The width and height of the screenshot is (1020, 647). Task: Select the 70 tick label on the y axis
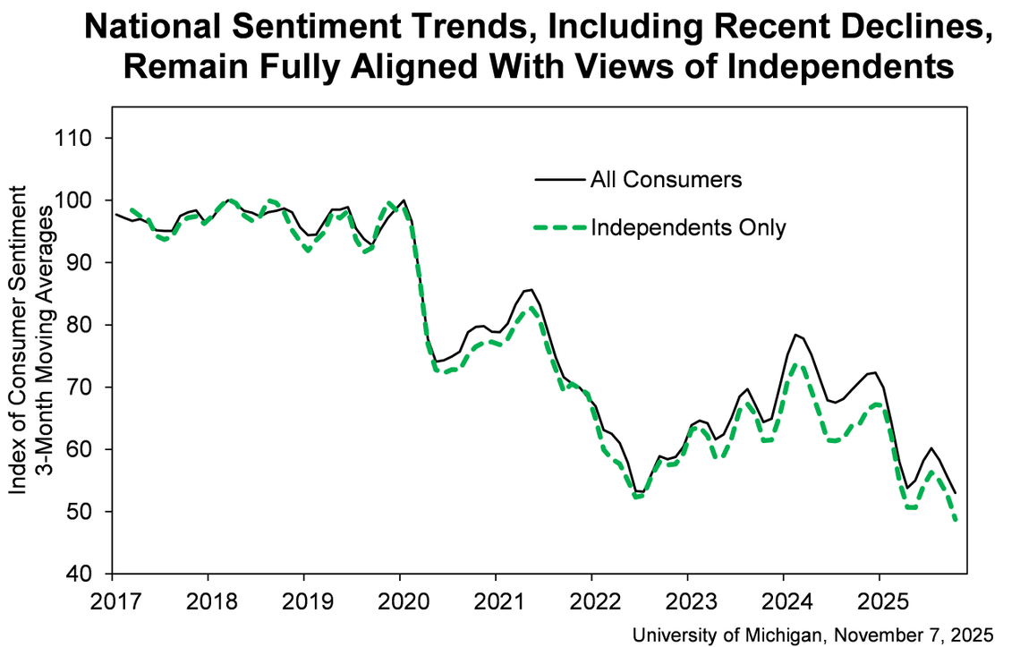click(84, 387)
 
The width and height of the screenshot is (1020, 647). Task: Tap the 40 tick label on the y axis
click(84, 574)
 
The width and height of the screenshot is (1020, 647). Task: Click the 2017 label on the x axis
click(113, 597)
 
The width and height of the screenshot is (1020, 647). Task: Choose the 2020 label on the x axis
click(400, 597)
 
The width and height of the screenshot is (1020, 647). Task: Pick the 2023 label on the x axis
click(687, 597)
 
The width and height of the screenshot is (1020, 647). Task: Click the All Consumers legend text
click(666, 179)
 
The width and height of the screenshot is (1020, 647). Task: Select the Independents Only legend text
click(687, 227)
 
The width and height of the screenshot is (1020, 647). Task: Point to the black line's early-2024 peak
click(795, 335)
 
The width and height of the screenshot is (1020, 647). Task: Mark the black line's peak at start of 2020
click(404, 200)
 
